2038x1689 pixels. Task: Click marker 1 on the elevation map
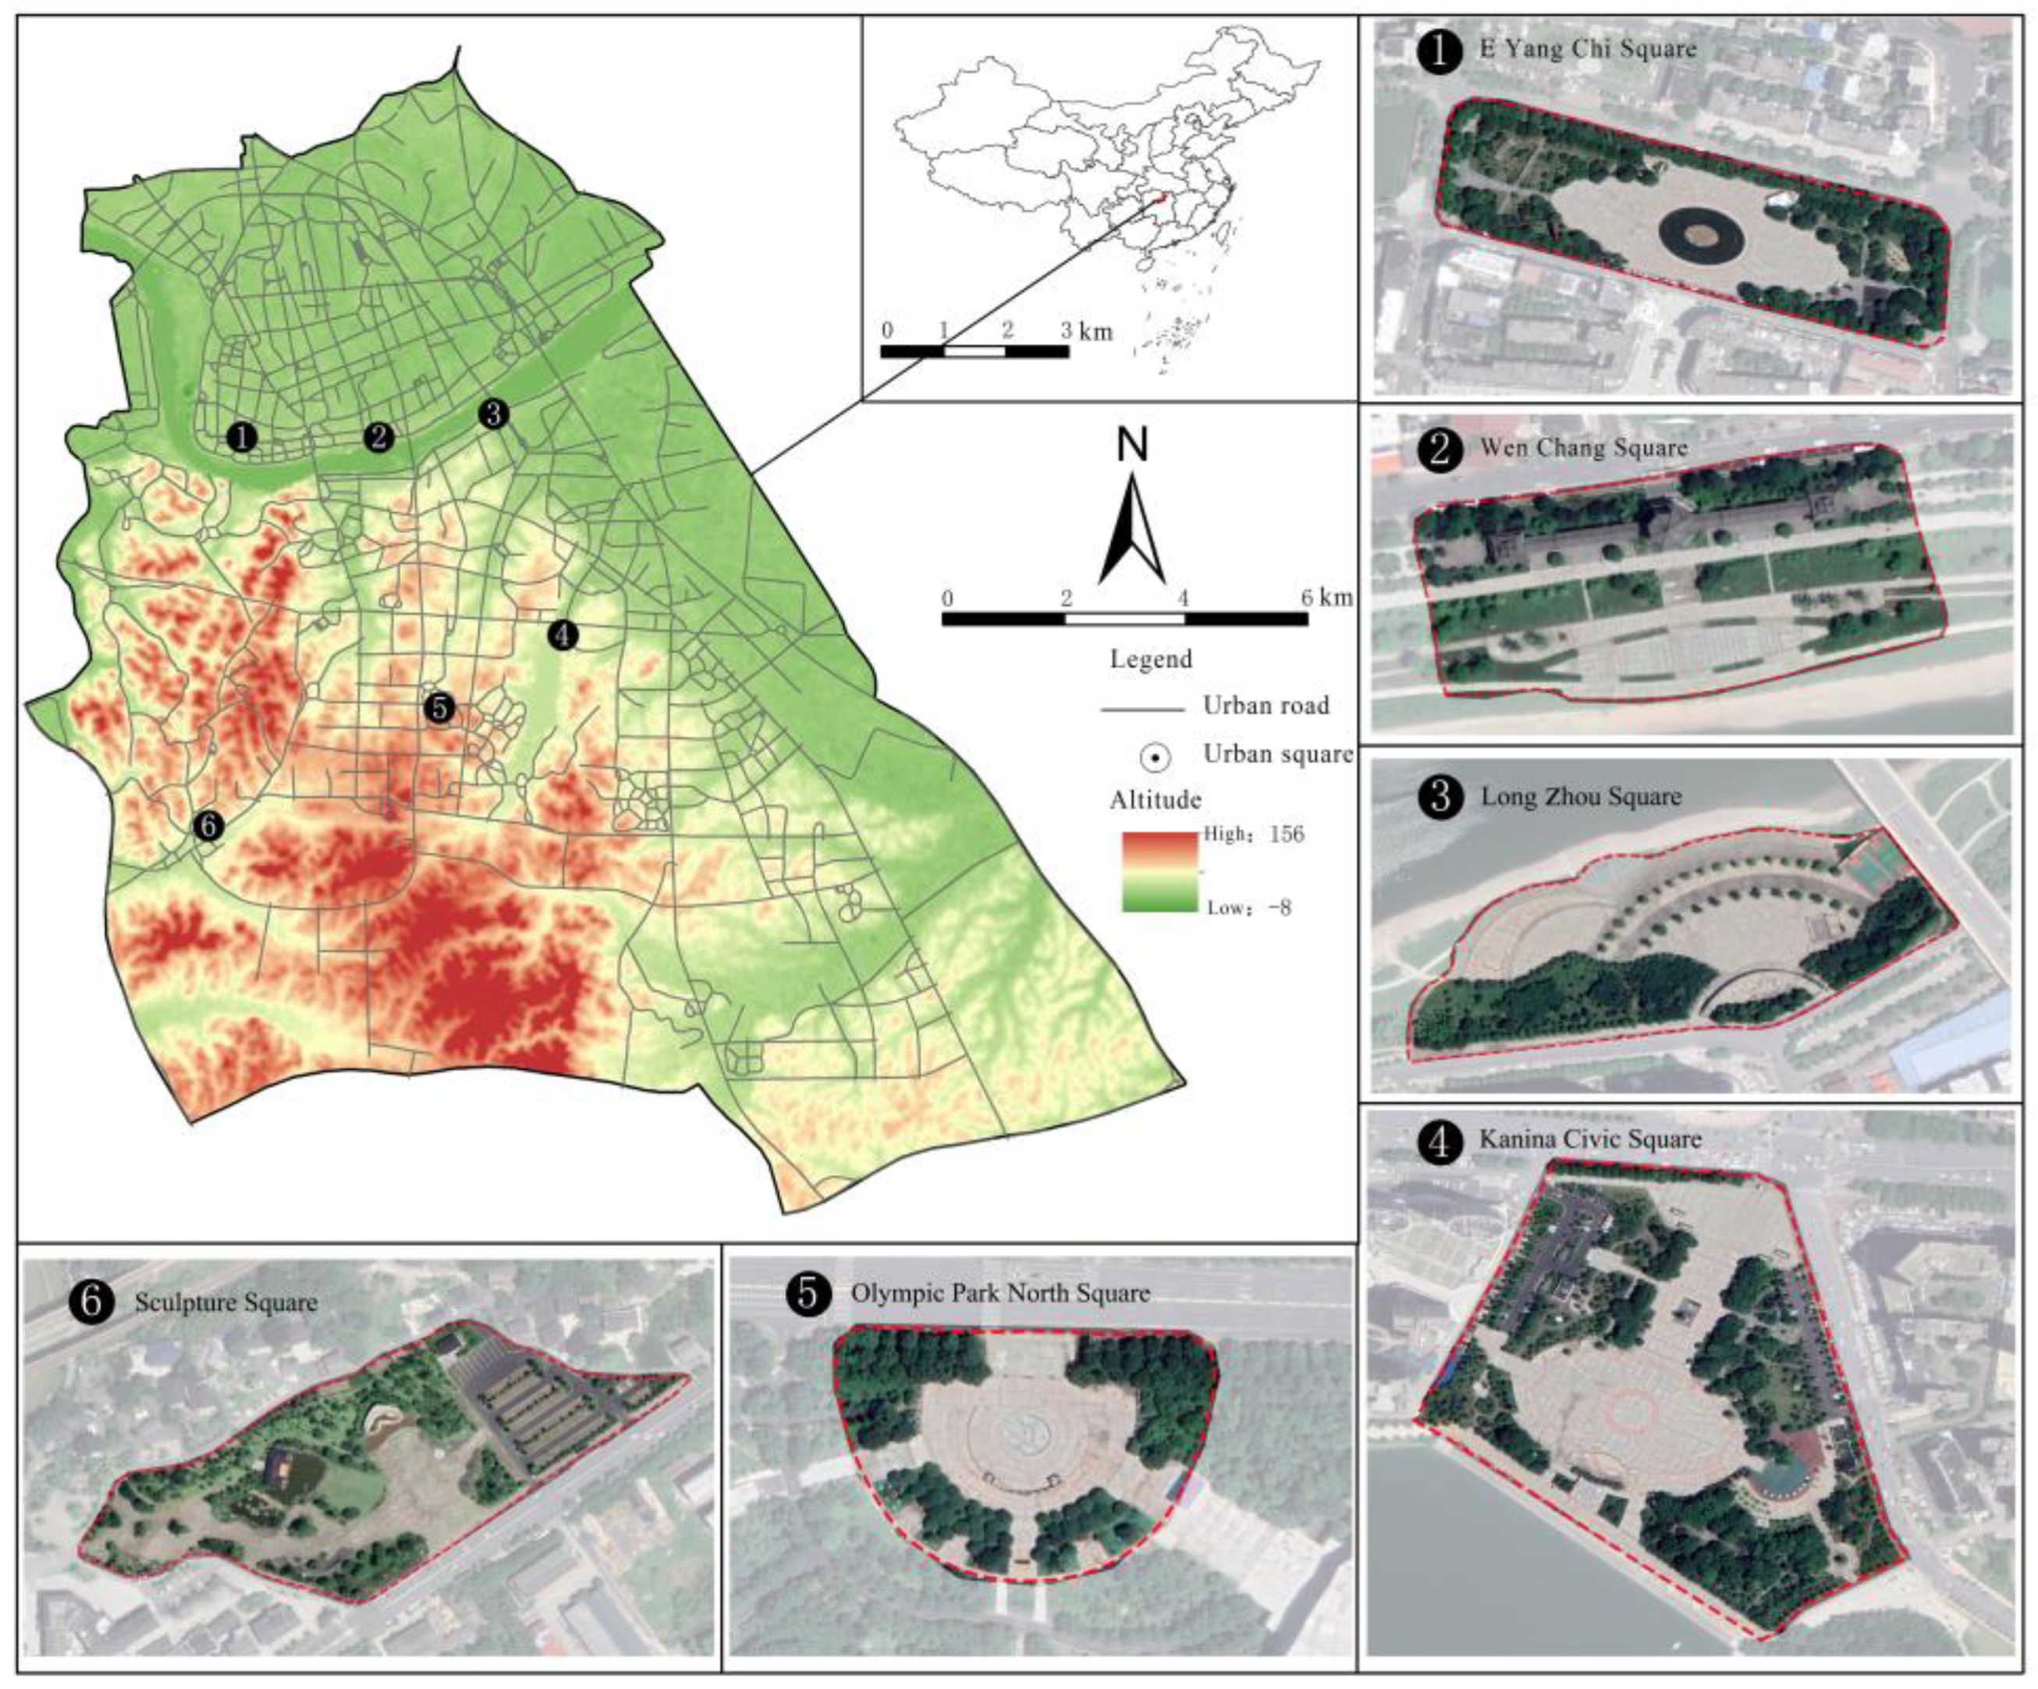(x=242, y=437)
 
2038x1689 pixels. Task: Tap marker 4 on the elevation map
(x=563, y=636)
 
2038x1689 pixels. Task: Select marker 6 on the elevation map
(x=208, y=826)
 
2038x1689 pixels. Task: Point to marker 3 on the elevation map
(x=494, y=414)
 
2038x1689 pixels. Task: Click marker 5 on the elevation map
(x=438, y=709)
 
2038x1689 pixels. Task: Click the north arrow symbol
(x=1131, y=529)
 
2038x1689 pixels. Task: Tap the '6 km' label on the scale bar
(x=1326, y=597)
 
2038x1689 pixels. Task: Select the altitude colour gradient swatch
(x=1159, y=871)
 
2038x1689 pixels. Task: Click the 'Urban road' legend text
(x=1266, y=706)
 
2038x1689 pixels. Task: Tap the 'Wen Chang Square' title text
(x=1583, y=447)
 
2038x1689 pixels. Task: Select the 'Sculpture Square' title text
(x=225, y=1302)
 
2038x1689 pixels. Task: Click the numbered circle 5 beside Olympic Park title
(x=808, y=1294)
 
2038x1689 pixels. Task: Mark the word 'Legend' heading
(x=1151, y=659)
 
